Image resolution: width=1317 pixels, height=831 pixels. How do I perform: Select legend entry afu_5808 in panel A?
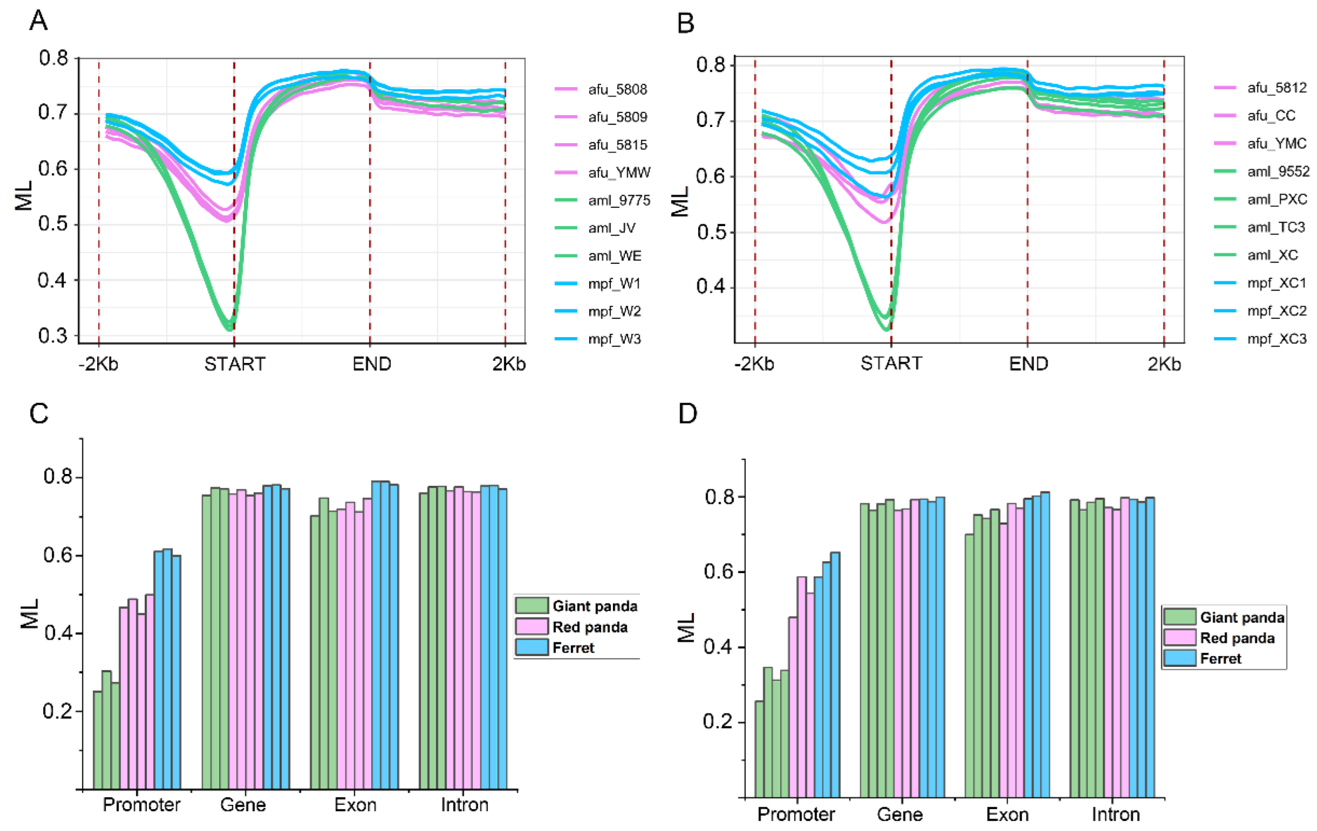[x=617, y=89]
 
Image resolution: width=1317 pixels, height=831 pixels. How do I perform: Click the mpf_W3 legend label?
[x=614, y=339]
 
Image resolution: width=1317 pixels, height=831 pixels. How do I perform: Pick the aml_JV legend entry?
[x=611, y=228]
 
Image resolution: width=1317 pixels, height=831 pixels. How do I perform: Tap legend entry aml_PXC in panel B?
[x=1276, y=199]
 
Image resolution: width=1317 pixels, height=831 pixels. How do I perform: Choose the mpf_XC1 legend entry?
[x=1276, y=283]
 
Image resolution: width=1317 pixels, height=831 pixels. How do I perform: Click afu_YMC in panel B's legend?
[x=1276, y=143]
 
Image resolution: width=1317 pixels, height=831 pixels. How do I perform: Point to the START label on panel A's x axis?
[x=235, y=364]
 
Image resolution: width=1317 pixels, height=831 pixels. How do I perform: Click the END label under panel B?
[x=1028, y=364]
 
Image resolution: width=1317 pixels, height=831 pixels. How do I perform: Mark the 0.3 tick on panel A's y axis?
[x=53, y=336]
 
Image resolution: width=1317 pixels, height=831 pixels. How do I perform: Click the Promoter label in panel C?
[x=141, y=805]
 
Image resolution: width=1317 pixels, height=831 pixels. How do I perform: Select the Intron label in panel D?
[x=1116, y=815]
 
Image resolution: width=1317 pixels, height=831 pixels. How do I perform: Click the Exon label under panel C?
[x=356, y=805]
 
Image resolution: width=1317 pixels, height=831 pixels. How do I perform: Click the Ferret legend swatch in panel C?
[x=531, y=648]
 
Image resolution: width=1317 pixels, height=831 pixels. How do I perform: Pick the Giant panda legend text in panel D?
[x=1242, y=617]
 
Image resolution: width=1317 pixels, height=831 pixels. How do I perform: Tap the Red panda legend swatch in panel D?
[x=1179, y=638]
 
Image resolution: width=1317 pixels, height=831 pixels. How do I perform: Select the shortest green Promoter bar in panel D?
[x=759, y=749]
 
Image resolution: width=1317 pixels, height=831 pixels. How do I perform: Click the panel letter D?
[x=687, y=414]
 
